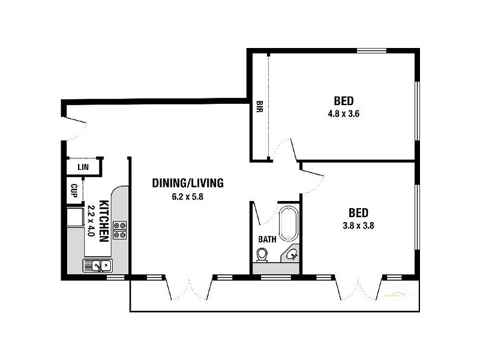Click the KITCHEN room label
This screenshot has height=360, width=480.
click(x=103, y=220)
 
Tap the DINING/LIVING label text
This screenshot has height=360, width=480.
click(x=187, y=182)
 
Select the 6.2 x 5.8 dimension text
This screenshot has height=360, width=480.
click(x=187, y=196)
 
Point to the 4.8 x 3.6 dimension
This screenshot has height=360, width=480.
click(x=343, y=113)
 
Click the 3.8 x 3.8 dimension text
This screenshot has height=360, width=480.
click(x=358, y=226)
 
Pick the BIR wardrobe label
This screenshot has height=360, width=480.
click(x=259, y=107)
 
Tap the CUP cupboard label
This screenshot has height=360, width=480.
click(x=74, y=191)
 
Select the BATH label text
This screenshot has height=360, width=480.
click(x=267, y=239)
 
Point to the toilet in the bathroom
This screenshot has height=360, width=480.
click(x=262, y=256)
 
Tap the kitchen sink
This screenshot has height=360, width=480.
click(x=97, y=265)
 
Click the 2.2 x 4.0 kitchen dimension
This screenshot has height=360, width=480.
click(x=92, y=220)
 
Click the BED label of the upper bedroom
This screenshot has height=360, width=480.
click(x=343, y=100)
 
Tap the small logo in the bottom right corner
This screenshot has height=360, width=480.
click(x=395, y=294)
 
